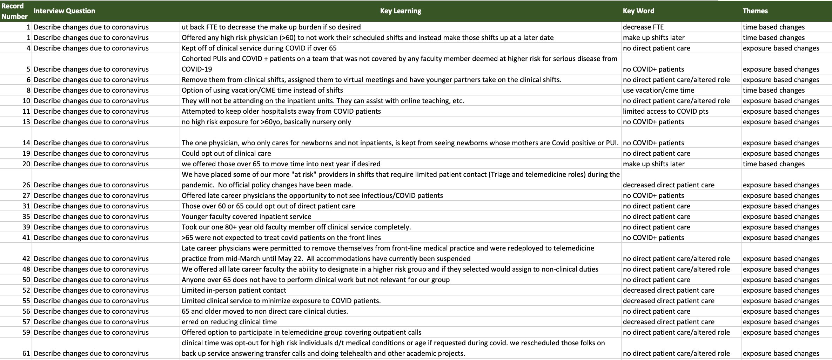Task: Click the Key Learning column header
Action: coord(401,11)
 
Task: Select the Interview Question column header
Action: coord(64,11)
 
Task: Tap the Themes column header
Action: coord(755,11)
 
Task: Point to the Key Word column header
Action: coord(638,11)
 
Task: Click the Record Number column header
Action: coord(14,11)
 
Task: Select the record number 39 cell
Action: coord(26,227)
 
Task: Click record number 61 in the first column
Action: coord(26,353)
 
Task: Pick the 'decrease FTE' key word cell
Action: coord(643,27)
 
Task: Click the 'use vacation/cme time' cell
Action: coord(658,90)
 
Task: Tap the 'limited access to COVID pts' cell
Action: coord(665,111)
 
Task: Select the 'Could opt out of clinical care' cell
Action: coord(226,153)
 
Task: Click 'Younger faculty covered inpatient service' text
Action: coord(246,216)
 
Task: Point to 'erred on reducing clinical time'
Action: coord(229,322)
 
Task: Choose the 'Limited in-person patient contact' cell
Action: coord(234,290)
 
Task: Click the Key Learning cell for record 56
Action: coord(265,311)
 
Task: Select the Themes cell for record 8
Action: coord(773,90)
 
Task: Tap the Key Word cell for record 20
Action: coord(653,164)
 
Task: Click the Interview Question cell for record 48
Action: coord(91,269)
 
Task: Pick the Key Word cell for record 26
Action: coord(669,185)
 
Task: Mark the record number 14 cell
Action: coord(26,143)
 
